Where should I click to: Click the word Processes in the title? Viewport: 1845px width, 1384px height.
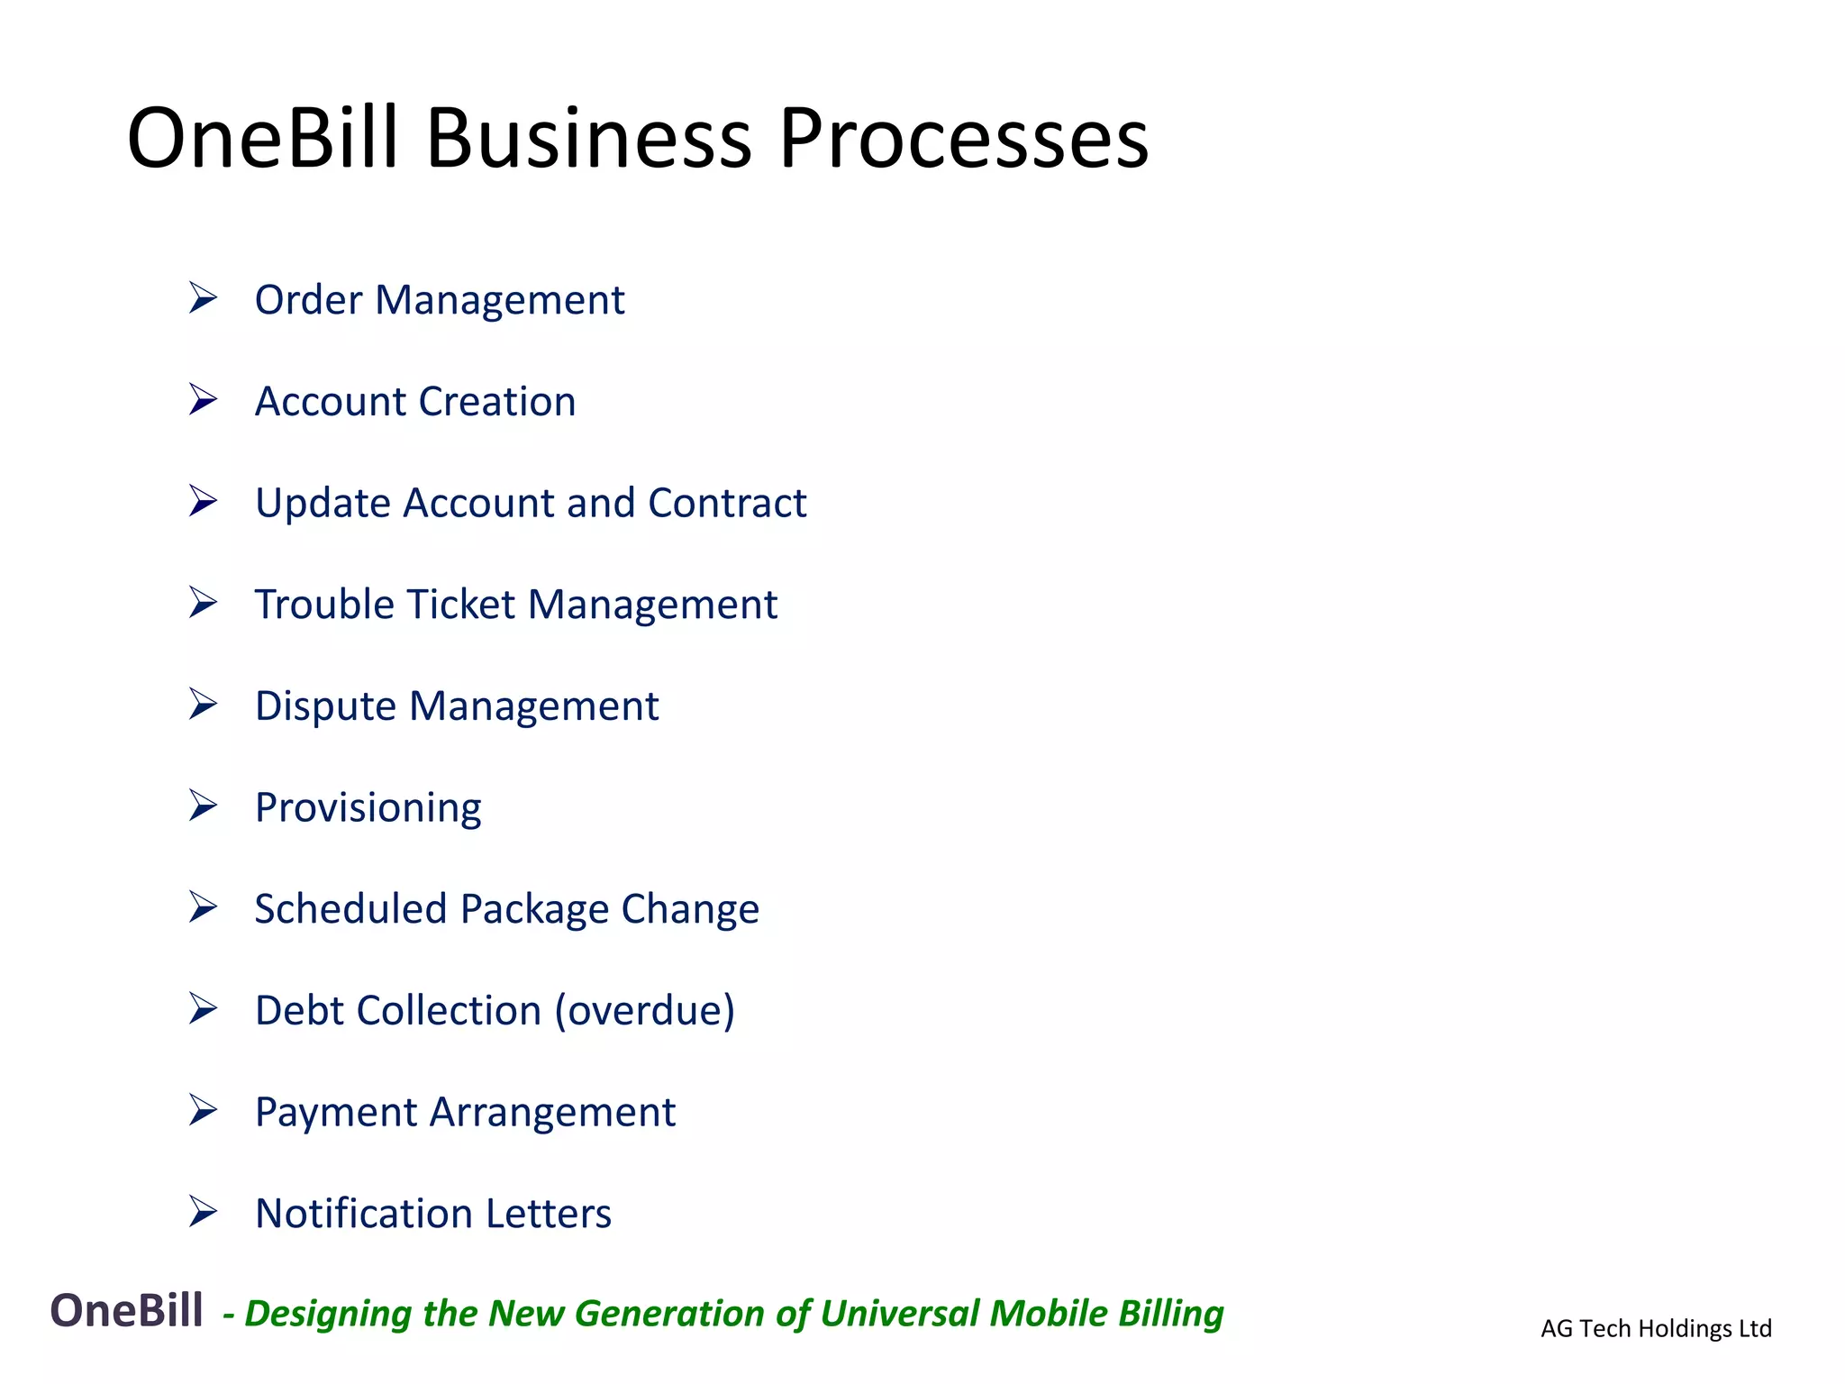click(963, 139)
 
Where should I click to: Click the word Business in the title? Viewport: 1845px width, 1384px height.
click(588, 139)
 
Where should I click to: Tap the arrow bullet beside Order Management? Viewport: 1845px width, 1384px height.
click(203, 297)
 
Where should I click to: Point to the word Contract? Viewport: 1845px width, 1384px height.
click(727, 503)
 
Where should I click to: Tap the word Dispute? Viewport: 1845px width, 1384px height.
click(325, 706)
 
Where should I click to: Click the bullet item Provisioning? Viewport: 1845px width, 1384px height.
click(368, 808)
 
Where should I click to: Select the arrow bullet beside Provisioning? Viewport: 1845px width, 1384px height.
click(203, 806)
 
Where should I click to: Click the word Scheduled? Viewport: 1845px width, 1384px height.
click(350, 909)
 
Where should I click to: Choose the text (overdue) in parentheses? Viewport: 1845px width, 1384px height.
click(644, 1011)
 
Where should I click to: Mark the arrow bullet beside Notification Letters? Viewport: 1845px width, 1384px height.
click(203, 1212)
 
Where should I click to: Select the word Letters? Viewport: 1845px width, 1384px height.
click(549, 1214)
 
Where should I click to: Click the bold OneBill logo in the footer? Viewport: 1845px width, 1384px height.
click(126, 1310)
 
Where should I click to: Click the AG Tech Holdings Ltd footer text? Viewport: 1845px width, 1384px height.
click(1656, 1328)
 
